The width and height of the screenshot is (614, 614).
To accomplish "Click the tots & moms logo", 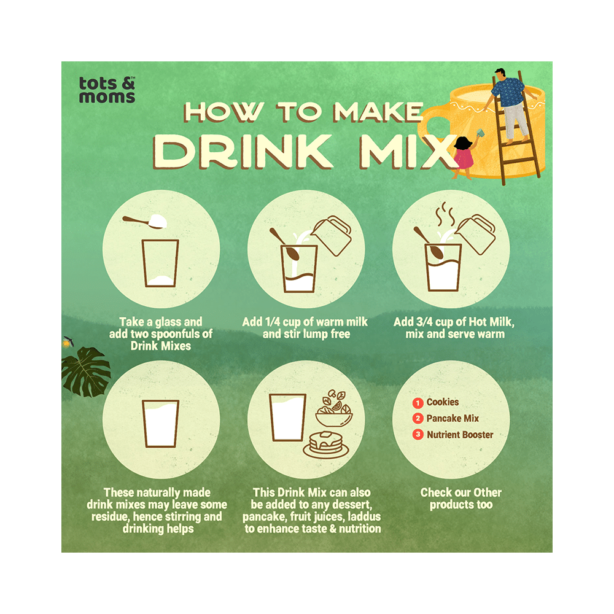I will pyautogui.click(x=107, y=89).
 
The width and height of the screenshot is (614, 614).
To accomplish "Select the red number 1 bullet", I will pyautogui.click(x=418, y=403).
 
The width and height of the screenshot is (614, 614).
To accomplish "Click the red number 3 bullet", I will pyautogui.click(x=418, y=435).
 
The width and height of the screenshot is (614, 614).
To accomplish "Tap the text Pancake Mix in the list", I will pyautogui.click(x=453, y=419).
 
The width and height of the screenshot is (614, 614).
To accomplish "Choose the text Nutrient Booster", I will pyautogui.click(x=460, y=435).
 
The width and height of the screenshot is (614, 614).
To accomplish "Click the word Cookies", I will pyautogui.click(x=443, y=403).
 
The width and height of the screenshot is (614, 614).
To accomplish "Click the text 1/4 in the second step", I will pyautogui.click(x=292, y=322).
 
